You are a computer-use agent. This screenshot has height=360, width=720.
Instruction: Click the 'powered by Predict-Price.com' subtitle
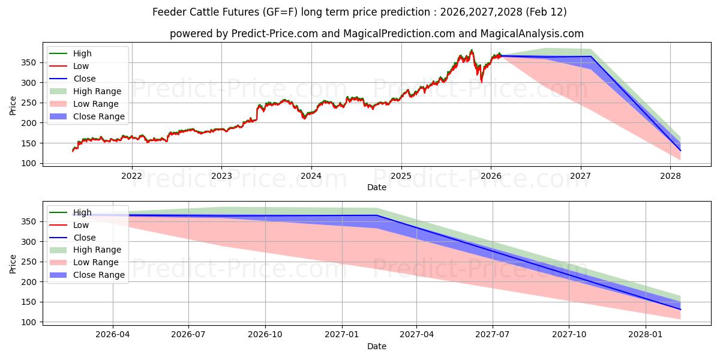pos(376,34)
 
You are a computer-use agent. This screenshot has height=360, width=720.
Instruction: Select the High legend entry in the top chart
pos(82,53)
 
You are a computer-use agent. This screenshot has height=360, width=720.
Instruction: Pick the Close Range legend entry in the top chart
pos(99,116)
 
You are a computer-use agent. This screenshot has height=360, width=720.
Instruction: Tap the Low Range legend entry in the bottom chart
pos(96,262)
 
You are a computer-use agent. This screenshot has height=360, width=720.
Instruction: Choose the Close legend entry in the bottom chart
pos(84,238)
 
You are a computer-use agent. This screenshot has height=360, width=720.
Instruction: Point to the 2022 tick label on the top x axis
pos(131,176)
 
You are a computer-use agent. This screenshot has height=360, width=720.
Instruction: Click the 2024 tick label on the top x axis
pos(311,176)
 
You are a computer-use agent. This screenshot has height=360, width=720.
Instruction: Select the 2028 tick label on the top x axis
pos(670,176)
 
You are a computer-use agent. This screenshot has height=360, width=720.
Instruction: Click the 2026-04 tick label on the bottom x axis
pos(113,335)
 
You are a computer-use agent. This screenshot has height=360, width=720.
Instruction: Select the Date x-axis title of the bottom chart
pos(376,346)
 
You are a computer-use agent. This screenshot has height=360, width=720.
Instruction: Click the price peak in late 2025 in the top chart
pos(472,50)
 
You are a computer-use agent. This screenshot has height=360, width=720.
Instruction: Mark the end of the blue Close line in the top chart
pos(680,151)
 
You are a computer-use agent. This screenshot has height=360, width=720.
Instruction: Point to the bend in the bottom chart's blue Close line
pos(377,215)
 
